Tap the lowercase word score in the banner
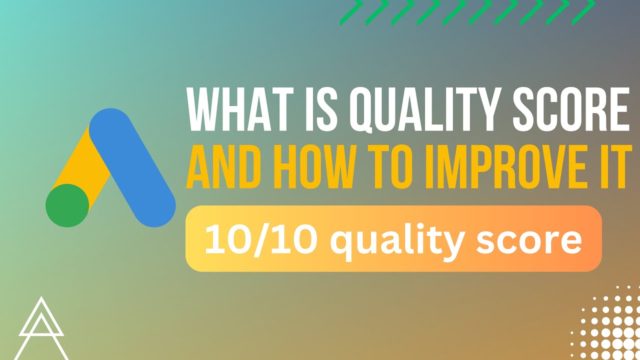[530, 239]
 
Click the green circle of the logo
[67, 205]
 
